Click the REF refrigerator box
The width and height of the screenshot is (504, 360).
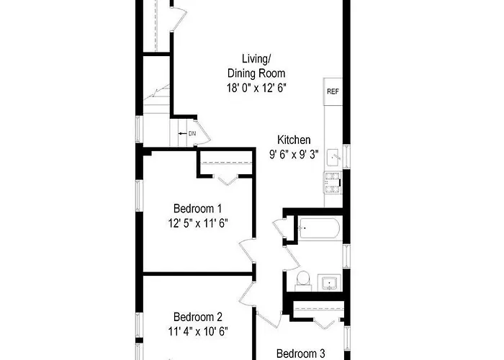333,91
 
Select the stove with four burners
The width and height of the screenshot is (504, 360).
333,183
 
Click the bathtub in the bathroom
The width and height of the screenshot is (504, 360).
319,228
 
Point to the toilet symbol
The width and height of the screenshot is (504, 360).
303,281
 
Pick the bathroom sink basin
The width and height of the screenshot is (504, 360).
329,282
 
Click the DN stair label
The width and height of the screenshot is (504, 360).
192,133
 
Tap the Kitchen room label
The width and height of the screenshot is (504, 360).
294,140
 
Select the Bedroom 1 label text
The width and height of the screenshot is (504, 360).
197,208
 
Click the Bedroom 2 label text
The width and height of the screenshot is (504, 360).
198,317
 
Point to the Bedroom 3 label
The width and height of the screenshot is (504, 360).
300,354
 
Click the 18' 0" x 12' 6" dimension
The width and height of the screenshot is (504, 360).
256,87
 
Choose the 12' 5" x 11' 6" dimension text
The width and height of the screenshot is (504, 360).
198,222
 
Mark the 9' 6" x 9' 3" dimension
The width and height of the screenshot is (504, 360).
294,155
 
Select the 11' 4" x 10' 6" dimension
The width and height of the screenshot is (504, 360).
198,331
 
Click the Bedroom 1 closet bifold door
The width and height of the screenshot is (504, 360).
228,181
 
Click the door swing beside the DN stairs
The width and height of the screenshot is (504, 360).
203,132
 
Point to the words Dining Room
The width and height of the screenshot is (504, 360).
256,73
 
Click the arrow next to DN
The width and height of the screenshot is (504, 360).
183,133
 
